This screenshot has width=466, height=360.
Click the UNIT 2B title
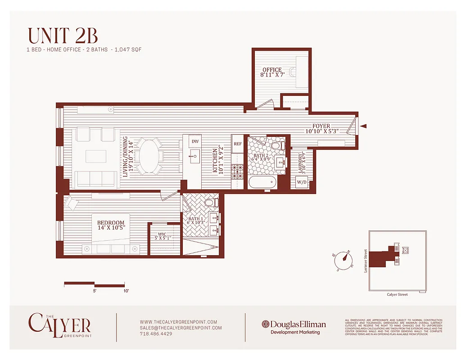coord(63,36)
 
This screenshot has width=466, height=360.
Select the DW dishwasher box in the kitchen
coord(195,141)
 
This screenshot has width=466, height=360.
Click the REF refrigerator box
coord(237,144)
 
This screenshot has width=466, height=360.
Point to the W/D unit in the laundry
coord(301,182)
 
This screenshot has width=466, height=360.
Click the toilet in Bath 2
coord(280,145)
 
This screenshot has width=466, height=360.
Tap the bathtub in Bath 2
coord(262,182)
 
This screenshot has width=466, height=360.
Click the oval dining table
coord(150,156)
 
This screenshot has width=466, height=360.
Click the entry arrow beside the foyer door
coord(364,126)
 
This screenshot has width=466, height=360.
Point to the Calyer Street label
coord(397,294)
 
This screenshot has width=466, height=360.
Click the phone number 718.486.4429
coord(156,334)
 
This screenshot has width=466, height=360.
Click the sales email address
coord(181,328)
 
